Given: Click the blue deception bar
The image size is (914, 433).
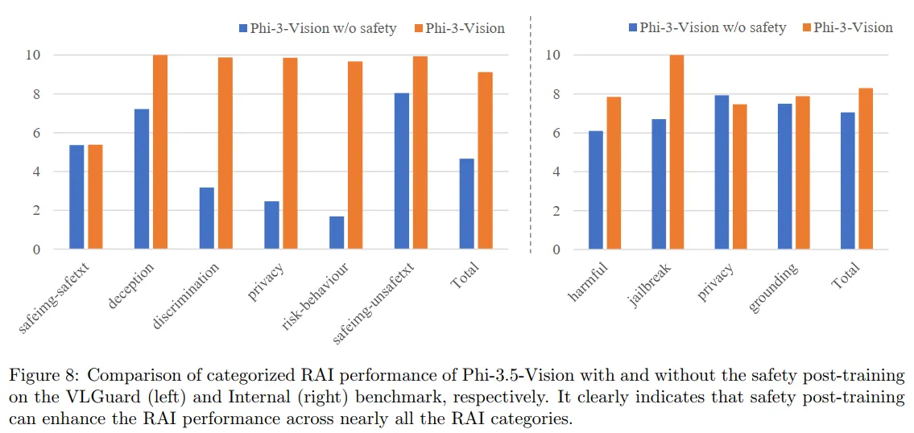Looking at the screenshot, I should (141, 179).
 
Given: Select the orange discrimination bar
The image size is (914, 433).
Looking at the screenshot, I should (225, 153).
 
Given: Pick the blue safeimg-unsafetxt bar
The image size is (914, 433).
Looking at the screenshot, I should (401, 171).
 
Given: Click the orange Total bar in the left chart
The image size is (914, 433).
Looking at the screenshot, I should (485, 160).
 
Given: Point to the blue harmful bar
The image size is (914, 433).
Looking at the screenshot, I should (595, 190).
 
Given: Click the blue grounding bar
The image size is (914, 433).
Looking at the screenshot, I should (784, 176).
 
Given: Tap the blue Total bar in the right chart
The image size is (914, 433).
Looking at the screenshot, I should (848, 180).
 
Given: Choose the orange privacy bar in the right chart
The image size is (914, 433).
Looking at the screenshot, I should (739, 176).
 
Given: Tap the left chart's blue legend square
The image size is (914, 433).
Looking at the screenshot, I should (244, 28).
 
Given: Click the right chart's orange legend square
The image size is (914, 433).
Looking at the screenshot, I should (805, 27).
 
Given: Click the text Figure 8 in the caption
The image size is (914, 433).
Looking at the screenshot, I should (43, 376).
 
